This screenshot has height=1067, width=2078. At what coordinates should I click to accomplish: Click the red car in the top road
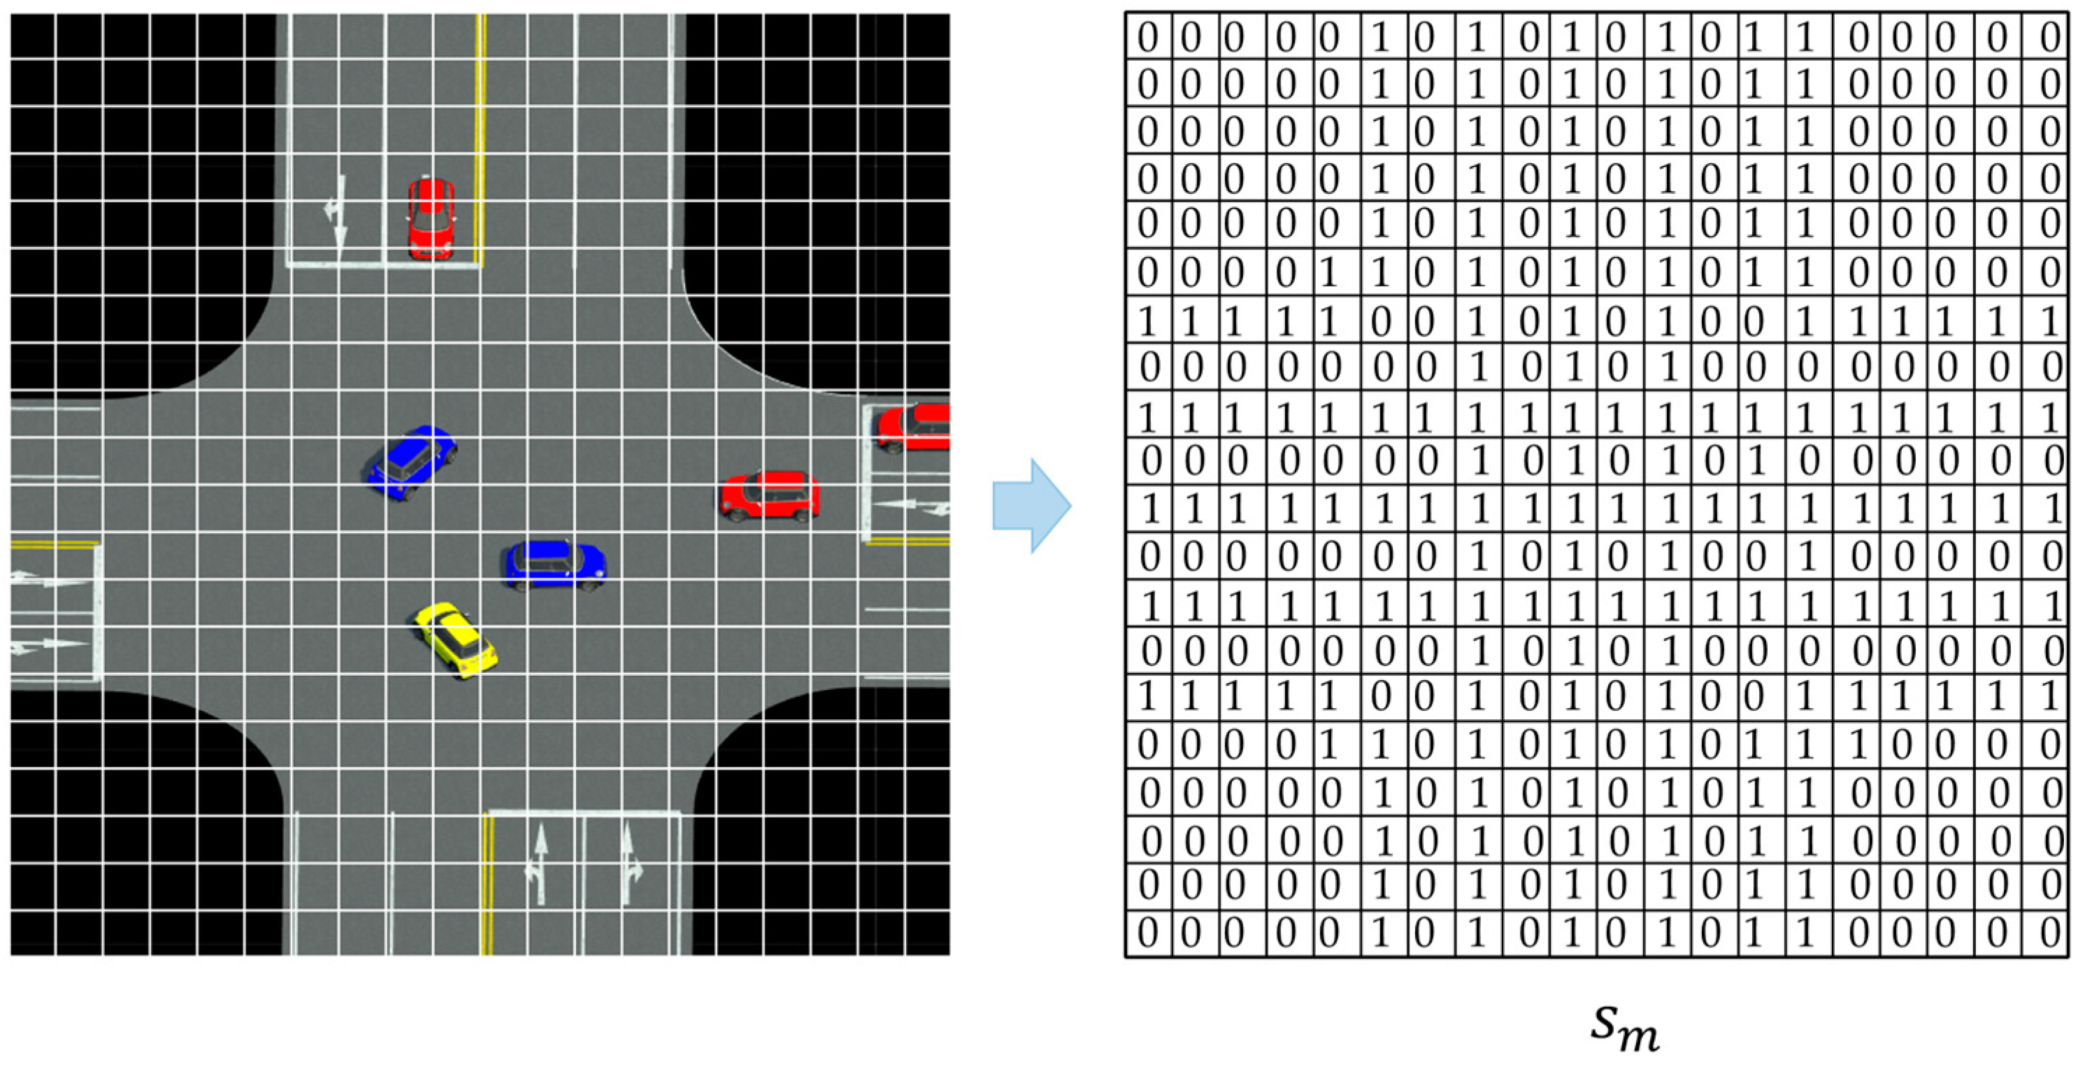pos(430,217)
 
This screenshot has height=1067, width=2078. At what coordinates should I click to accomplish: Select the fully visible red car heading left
pos(770,494)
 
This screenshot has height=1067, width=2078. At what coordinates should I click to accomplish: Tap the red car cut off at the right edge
pos(915,427)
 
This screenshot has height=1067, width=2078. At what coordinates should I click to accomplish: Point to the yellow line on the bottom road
pos(487,884)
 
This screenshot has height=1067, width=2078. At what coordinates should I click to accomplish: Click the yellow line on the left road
pos(53,545)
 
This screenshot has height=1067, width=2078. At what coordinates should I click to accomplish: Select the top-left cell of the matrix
pos(1147,37)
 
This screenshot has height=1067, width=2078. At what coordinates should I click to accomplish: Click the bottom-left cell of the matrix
pos(1147,933)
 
